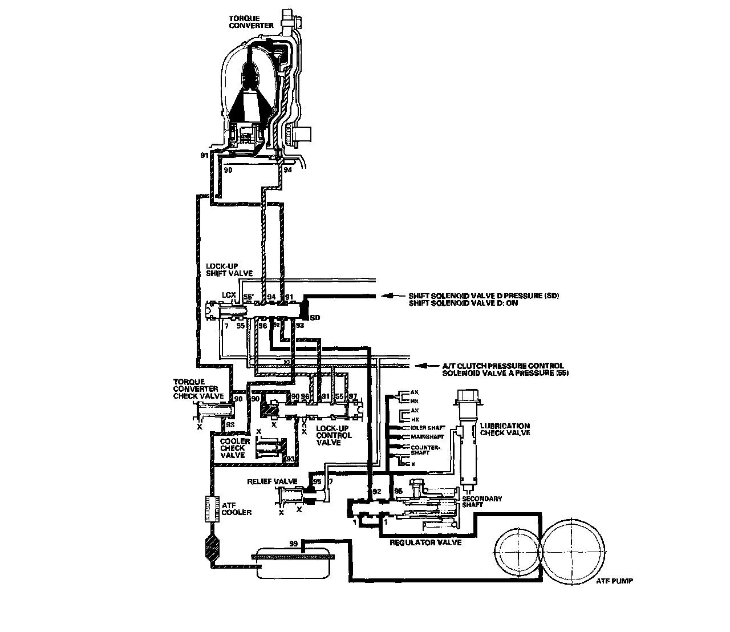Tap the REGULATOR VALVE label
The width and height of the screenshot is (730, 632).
[417, 542]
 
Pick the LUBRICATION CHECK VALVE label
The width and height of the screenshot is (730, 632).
[505, 429]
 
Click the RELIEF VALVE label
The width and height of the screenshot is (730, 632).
[265, 482]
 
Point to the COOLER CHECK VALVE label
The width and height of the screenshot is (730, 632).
[232, 448]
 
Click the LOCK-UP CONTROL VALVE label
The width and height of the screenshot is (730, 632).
[334, 435]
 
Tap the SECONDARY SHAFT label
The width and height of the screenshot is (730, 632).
[484, 502]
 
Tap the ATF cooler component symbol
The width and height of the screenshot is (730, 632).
[213, 509]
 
